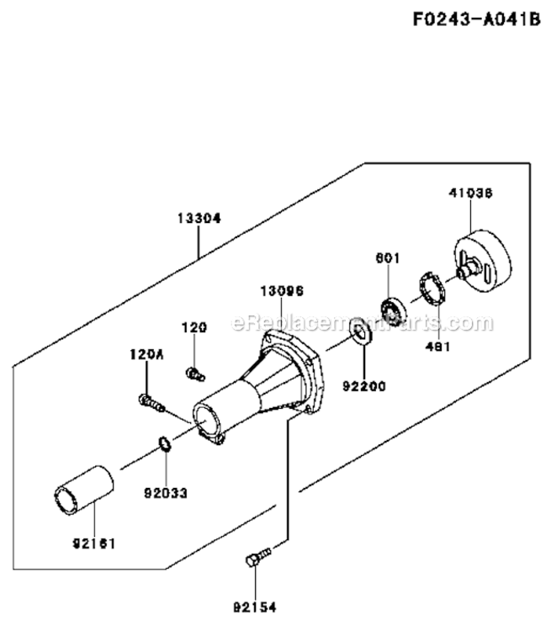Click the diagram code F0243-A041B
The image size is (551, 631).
475,19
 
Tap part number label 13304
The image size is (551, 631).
199,218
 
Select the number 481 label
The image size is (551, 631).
438,346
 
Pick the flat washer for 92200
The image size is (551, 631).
362,331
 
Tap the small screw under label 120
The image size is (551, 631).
195,372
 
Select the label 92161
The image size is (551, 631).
93,543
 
